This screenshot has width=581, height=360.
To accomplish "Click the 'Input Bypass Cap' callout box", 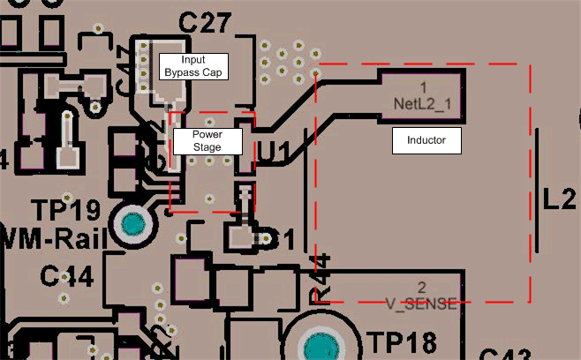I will coord(192,65).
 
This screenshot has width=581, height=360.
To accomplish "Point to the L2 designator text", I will coord(560,199).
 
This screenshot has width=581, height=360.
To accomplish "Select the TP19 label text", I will coord(65,211).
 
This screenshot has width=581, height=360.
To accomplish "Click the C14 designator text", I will coord(66,276).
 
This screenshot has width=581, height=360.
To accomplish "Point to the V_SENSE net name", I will coord(421,304).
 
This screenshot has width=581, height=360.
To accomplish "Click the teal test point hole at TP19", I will coord(133,226).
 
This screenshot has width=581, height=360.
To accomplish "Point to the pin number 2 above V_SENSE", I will coord(421,289).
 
